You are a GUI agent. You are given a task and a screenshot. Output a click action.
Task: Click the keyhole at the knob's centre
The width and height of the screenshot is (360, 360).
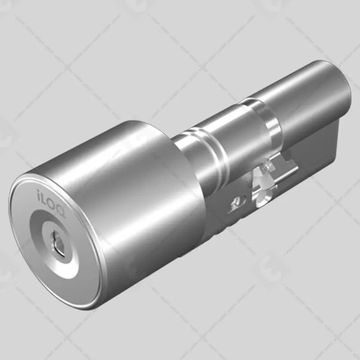click(60, 246)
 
